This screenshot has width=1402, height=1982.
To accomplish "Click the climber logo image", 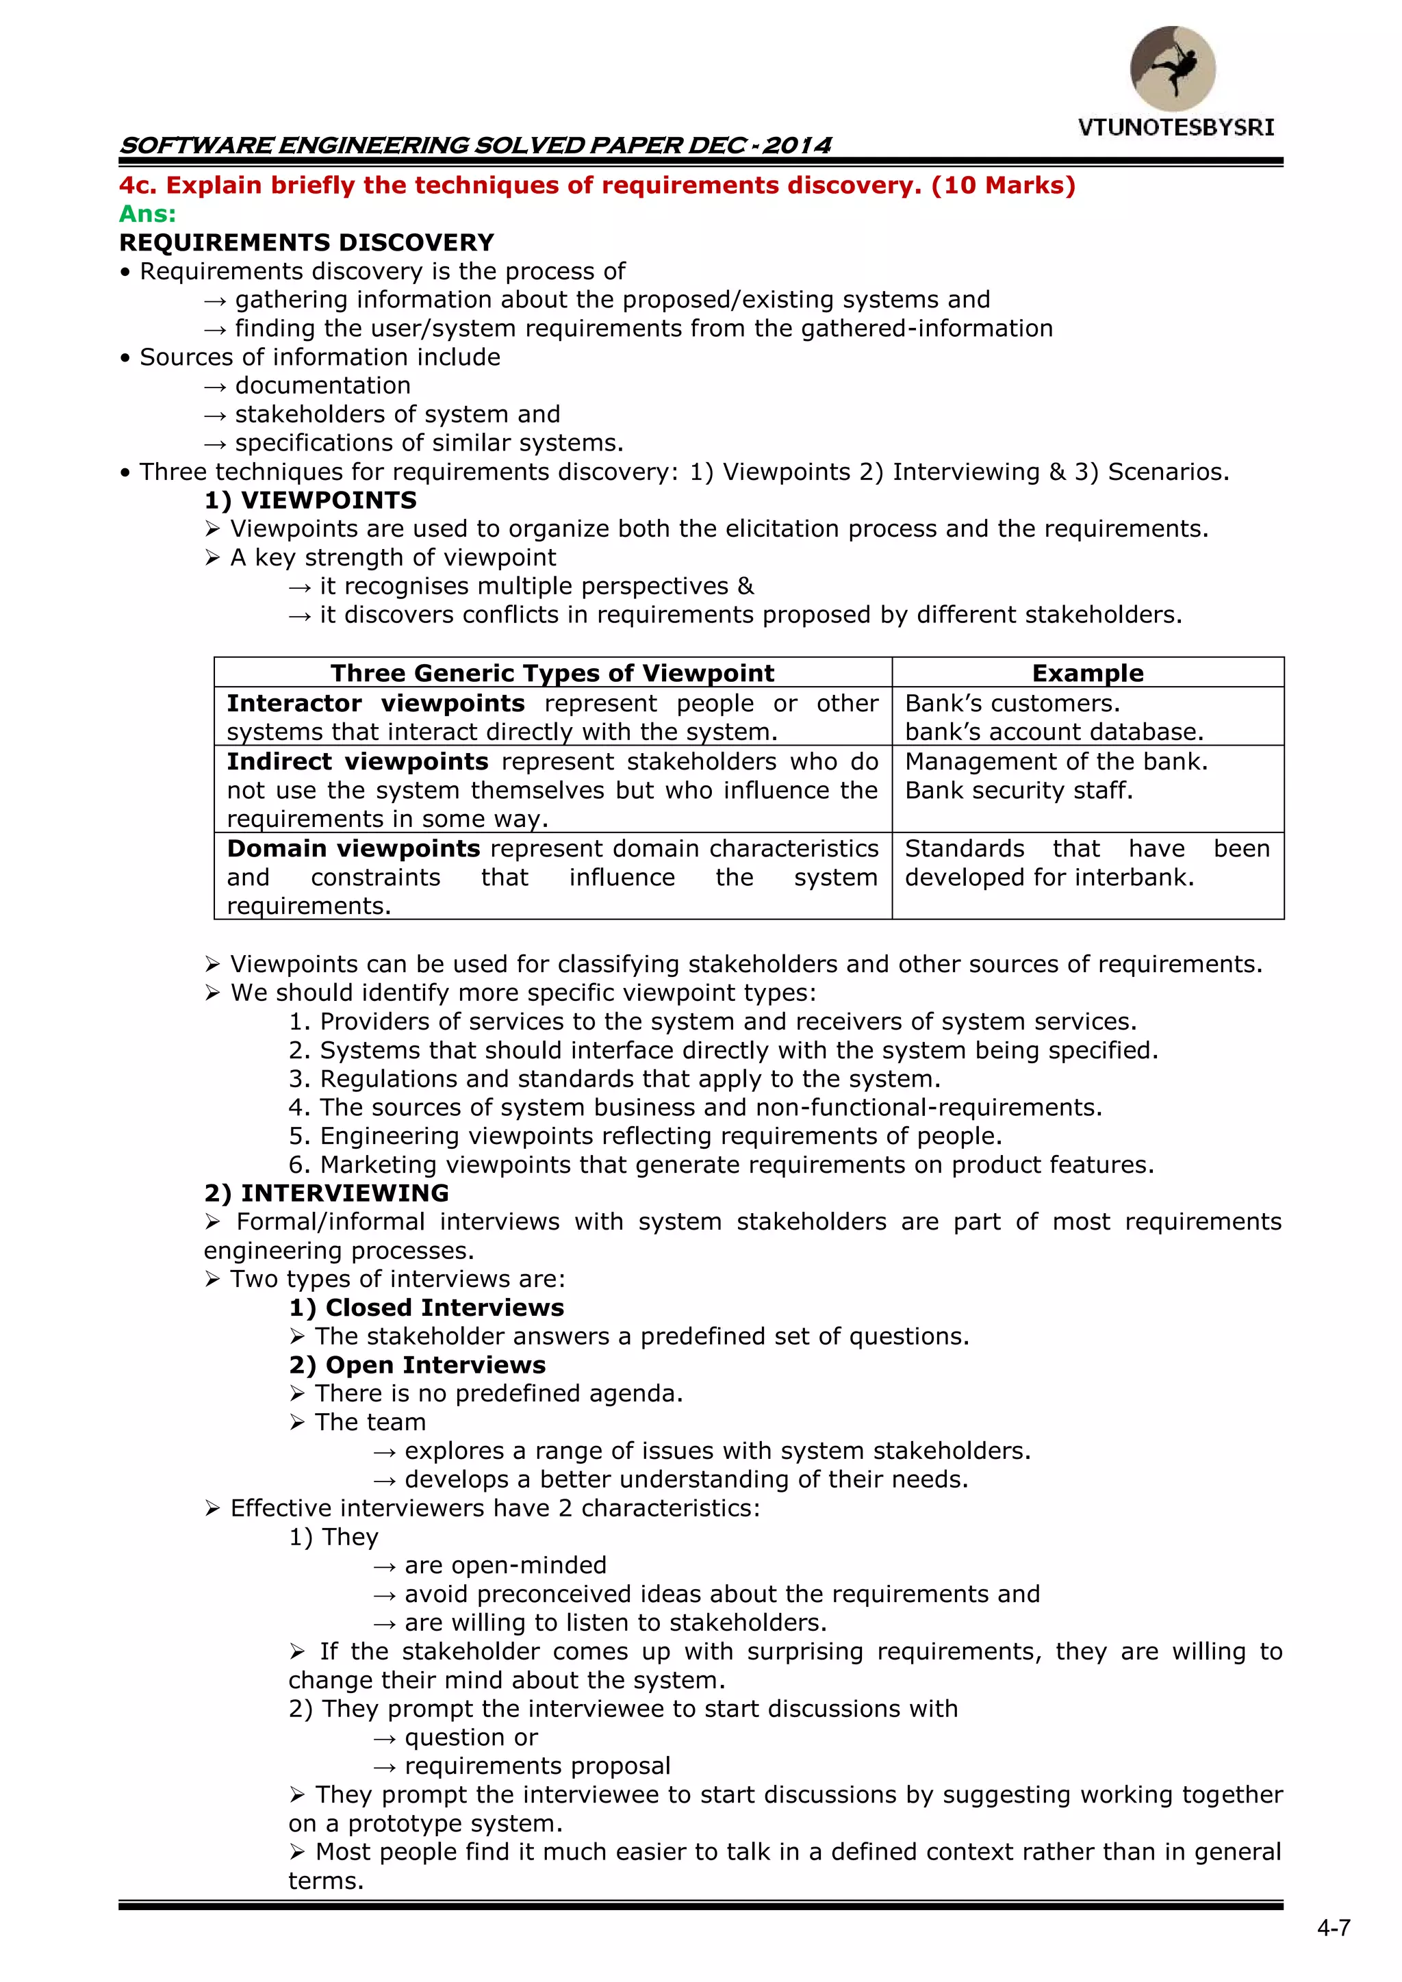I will point(1173,68).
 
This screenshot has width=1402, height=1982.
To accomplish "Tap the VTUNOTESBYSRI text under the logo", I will point(1176,128).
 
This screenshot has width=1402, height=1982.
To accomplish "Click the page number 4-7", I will point(1334,1929).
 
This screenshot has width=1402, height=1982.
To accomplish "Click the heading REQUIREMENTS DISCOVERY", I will point(307,242).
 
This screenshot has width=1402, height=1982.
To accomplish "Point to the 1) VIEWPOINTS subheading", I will point(311,500).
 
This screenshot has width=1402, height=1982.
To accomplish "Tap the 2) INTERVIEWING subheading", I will point(327,1193).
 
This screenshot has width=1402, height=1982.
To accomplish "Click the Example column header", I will point(1087,673).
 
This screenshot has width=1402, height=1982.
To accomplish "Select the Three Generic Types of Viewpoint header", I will point(552,673).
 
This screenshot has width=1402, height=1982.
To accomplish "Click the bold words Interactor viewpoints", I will point(376,704).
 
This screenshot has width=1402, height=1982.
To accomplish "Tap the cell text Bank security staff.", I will point(1018,791).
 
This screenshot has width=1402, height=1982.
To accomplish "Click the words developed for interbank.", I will point(1049,878).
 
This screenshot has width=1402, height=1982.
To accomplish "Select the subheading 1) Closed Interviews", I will point(426,1308).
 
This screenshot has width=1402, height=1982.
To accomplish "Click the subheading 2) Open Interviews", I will point(417,1364).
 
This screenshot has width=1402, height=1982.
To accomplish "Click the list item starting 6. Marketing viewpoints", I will point(721,1165).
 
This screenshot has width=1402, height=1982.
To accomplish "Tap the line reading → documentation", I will point(308,386).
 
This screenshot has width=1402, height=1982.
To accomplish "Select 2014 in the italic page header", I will point(797,145).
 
